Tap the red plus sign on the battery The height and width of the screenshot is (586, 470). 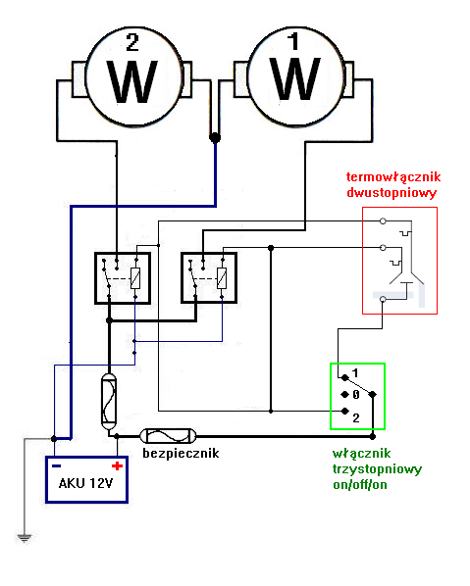tap(117, 466)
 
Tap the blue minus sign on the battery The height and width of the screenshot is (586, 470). tap(59, 466)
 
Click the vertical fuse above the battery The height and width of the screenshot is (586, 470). tap(108, 397)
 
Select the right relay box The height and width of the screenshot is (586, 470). tap(210, 278)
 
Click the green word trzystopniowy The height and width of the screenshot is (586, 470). tap(377, 469)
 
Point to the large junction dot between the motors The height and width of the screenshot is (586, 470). tap(214, 138)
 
